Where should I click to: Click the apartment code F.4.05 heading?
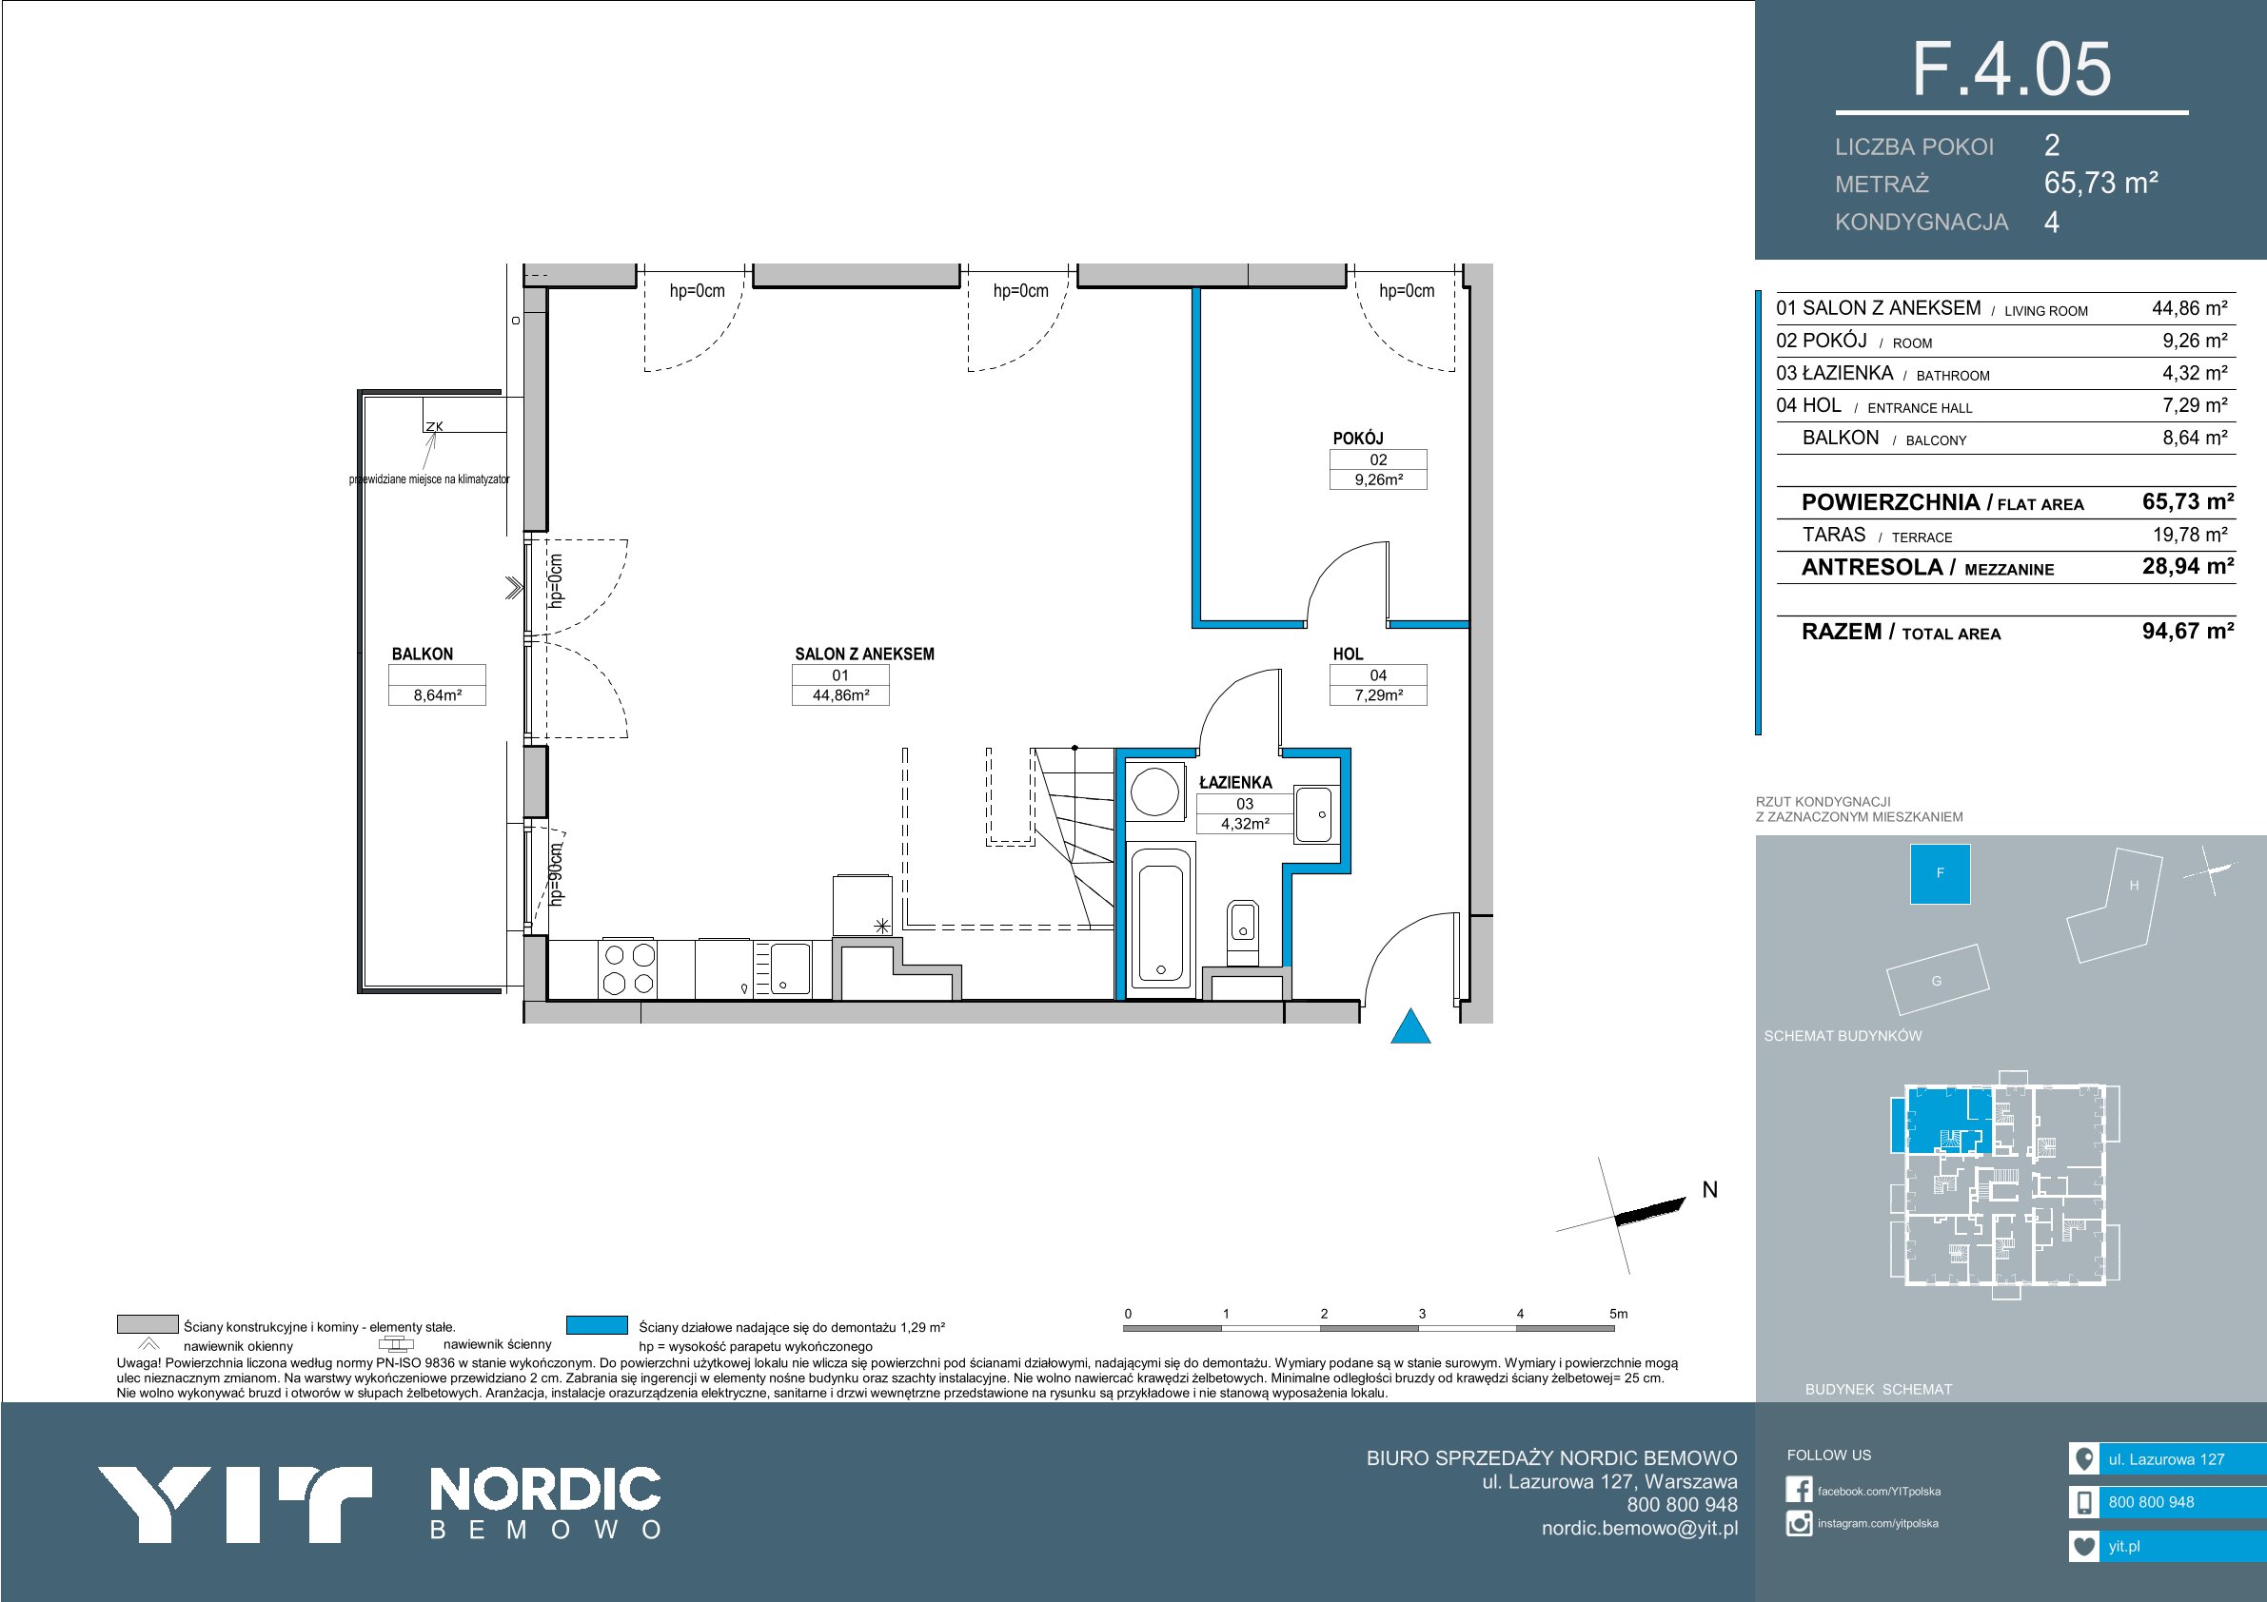point(2011,69)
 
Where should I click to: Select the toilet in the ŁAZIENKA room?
point(1242,931)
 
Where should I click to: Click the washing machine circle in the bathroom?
point(1154,791)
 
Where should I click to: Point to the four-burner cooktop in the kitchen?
point(629,968)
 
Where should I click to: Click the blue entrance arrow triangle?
point(1409,1026)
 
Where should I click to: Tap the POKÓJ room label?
point(1358,439)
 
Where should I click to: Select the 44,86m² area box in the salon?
point(840,694)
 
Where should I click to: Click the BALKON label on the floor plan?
point(423,654)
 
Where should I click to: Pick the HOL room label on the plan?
point(1348,654)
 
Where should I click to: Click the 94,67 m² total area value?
point(2188,631)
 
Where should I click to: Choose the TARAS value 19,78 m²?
point(2190,535)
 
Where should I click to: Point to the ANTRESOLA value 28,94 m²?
point(2188,567)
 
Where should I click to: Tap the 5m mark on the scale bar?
point(1618,1314)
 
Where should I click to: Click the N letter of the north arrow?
point(1710,1190)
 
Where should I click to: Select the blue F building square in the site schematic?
point(1941,873)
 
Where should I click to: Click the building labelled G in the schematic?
point(1936,980)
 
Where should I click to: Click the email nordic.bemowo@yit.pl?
point(1640,1529)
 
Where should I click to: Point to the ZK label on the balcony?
point(434,426)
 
